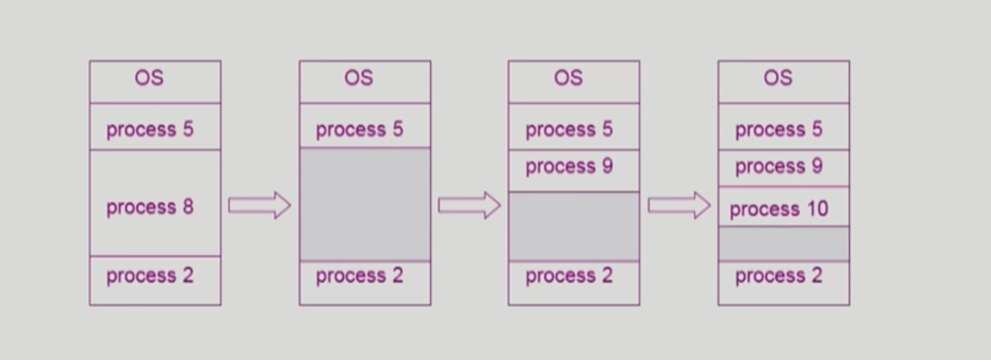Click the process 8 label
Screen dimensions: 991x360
[x=150, y=207]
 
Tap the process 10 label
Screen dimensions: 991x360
[x=779, y=209]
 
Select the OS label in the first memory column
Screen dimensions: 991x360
[x=149, y=78]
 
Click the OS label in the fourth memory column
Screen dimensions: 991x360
[x=778, y=78]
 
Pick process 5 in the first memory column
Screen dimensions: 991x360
[x=150, y=130]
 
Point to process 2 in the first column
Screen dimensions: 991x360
[x=150, y=276]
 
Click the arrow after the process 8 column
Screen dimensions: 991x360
[x=260, y=205]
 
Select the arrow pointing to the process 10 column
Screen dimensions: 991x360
[x=679, y=205]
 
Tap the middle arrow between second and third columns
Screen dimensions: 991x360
[x=470, y=205]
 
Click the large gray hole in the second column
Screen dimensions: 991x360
[x=365, y=204]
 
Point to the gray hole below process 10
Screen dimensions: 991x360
[x=784, y=243]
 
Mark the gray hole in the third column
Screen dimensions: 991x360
[x=574, y=226]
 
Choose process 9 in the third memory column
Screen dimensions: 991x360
[x=569, y=167]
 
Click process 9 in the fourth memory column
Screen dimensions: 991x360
[x=779, y=167]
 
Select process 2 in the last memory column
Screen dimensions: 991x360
[x=779, y=276]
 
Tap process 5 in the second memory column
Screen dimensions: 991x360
[x=360, y=130]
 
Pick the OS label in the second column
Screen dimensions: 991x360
[x=359, y=78]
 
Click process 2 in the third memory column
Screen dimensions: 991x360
[x=569, y=276]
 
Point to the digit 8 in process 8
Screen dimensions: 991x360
[x=188, y=207]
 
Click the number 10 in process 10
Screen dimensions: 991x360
[x=818, y=208]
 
